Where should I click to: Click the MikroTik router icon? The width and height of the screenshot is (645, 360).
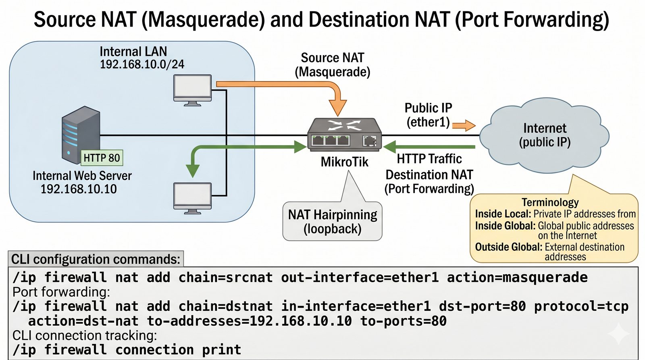coord(344,135)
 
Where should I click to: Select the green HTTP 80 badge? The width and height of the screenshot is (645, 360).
coord(102,158)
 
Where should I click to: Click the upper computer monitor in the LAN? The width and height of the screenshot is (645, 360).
coord(192,89)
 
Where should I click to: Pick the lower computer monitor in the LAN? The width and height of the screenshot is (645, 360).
coord(192,197)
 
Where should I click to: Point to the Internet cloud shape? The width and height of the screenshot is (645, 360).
coord(545,135)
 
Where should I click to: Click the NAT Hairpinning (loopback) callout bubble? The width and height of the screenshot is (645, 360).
coord(332,221)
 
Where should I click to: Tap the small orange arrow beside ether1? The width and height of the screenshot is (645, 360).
coord(464,125)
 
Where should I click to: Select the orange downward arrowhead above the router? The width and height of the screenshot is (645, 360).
coord(338,108)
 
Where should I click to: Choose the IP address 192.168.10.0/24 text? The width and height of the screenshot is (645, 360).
coord(142,65)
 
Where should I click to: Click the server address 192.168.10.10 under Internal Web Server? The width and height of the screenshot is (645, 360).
coord(79,189)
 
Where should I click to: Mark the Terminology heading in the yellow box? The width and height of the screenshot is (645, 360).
coord(550,202)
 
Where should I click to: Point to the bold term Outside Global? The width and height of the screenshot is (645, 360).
coord(508,247)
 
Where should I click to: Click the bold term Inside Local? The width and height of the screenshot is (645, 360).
coord(503,214)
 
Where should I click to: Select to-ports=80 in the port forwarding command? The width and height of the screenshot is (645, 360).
coord(403,321)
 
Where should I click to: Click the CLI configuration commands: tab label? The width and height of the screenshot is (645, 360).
coord(96,259)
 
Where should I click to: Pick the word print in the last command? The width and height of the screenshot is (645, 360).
coord(221,350)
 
